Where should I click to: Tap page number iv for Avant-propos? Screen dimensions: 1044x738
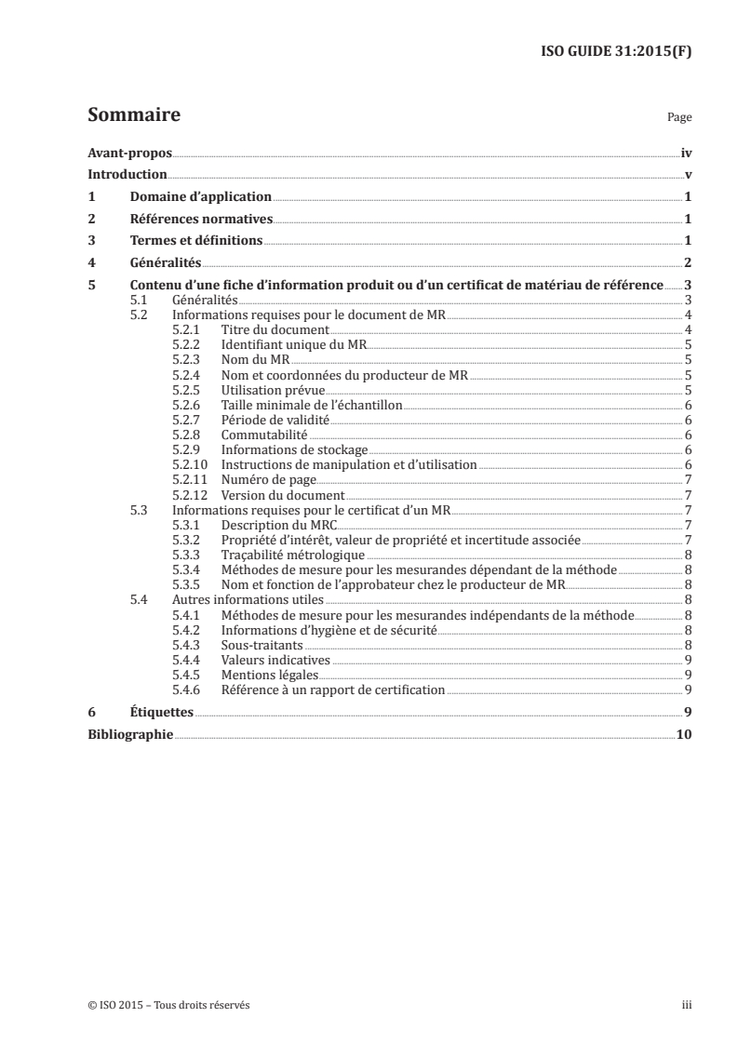coord(686,154)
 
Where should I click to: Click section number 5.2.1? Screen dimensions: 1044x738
coord(188,329)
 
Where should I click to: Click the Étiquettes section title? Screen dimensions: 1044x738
coord(161,712)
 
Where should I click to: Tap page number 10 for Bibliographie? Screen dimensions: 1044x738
coord(684,734)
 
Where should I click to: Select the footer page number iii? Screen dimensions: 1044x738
coord(687,1005)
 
